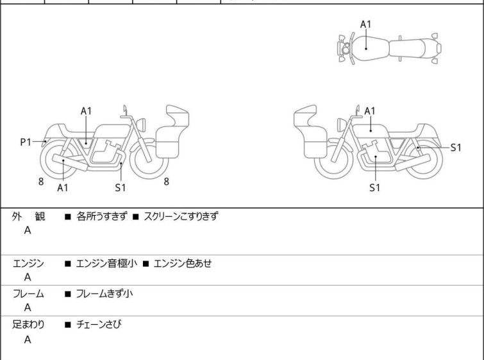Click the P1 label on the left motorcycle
(x=26, y=142)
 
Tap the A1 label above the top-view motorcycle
(x=366, y=24)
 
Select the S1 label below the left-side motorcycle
(x=121, y=187)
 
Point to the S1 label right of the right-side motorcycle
(x=456, y=148)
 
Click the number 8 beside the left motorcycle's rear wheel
(x=41, y=182)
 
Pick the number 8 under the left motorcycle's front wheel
(x=167, y=182)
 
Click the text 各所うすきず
(x=101, y=216)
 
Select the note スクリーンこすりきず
(x=181, y=216)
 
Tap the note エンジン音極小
(x=106, y=264)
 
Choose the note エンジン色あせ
(x=183, y=264)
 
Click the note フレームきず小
(x=104, y=293)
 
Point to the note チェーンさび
(x=99, y=325)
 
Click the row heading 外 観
(x=28, y=217)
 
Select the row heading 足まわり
(x=28, y=325)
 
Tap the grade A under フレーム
(x=28, y=308)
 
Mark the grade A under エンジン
(x=28, y=277)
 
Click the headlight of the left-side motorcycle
(x=141, y=125)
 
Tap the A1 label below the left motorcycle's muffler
(x=63, y=187)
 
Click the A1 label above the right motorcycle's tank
(x=370, y=111)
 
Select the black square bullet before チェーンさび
(x=68, y=325)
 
